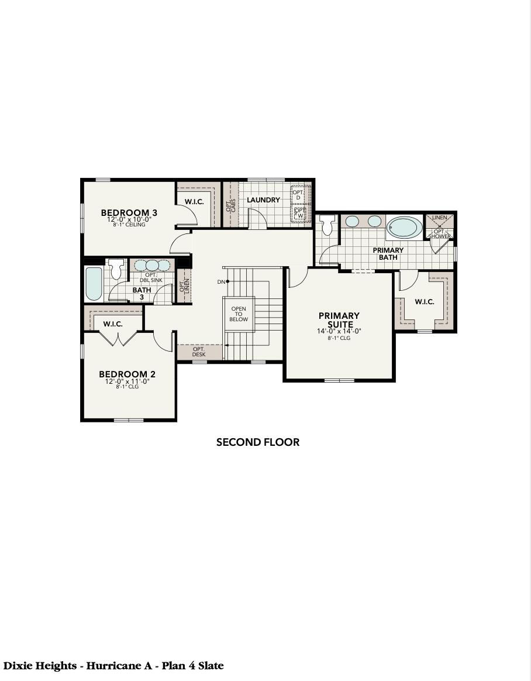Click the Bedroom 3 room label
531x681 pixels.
(x=129, y=213)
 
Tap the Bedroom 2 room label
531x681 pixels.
(x=127, y=374)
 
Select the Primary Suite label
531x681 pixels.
(x=339, y=320)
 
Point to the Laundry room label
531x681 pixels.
(x=263, y=200)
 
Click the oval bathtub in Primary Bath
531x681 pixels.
(x=404, y=227)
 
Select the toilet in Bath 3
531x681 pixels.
(x=116, y=269)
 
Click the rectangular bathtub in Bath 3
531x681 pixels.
(x=94, y=283)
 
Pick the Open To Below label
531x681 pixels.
(x=239, y=314)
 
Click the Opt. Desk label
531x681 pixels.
(x=199, y=352)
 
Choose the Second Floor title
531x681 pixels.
(x=258, y=442)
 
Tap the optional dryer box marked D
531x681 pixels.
(x=298, y=195)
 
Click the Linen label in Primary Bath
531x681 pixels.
(x=440, y=218)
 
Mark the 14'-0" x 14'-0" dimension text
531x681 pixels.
(x=339, y=331)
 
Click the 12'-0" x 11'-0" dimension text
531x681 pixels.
(x=127, y=381)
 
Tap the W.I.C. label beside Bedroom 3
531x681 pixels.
(x=194, y=202)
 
